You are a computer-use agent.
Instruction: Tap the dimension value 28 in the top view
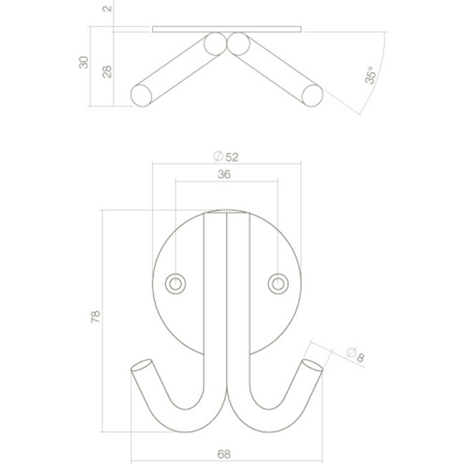coord(107,71)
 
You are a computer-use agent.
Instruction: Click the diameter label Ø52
coord(225,156)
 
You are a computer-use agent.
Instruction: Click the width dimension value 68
coord(225,455)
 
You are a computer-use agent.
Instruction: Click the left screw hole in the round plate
coord(176,283)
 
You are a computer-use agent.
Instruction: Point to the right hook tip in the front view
coord(312,366)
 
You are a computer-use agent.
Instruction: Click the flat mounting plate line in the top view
coord(226,29)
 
